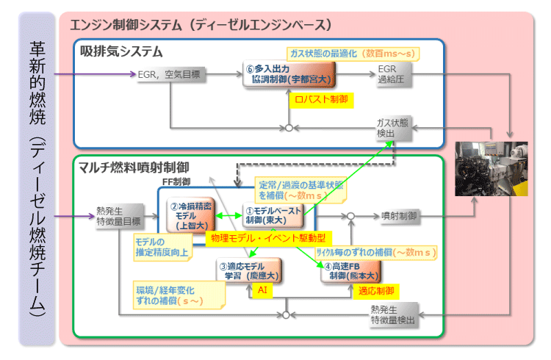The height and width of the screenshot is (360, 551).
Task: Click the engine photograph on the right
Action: (491, 168)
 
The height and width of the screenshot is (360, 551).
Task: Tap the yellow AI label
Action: (262, 291)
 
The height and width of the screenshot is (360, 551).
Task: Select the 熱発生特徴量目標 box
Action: (118, 215)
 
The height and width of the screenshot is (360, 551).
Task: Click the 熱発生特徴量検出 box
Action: (395, 314)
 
